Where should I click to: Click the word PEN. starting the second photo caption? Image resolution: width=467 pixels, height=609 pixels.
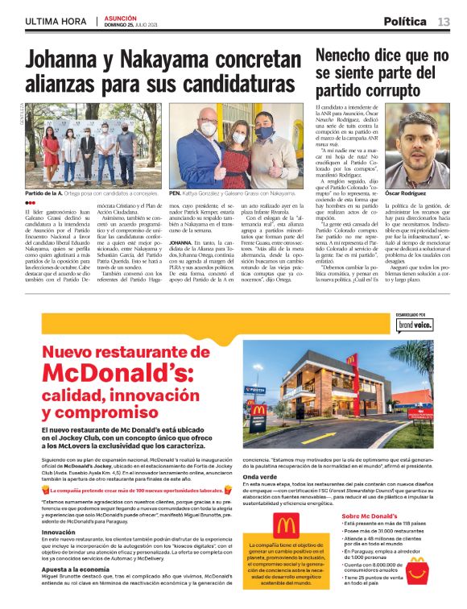point(174,193)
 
